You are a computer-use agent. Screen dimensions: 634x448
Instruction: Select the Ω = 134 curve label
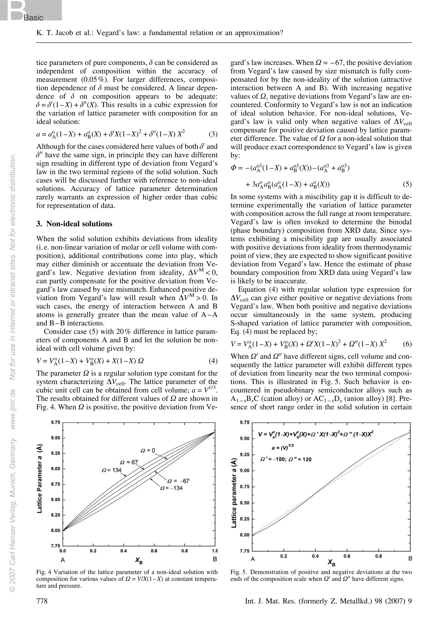pyautogui.click(x=112, y=470)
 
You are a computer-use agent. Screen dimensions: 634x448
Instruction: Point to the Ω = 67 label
pyautogui.click(x=129, y=462)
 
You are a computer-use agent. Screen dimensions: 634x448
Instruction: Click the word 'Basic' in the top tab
pyautogui.click(x=33, y=18)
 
